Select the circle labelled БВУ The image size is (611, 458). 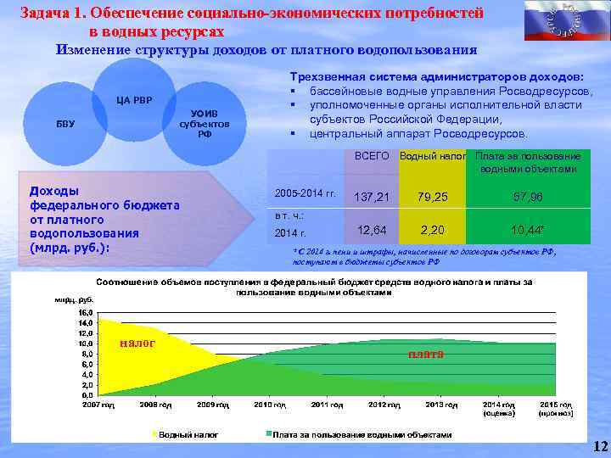pos(65,124)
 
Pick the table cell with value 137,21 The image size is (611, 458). pos(373,197)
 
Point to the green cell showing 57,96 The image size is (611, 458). pos(527,197)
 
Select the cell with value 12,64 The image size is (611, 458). pos(373,230)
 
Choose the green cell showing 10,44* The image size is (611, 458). pos(527,230)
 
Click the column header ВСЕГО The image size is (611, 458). pos(372,157)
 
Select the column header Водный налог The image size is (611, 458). pos(433,157)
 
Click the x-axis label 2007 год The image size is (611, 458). pos(98,406)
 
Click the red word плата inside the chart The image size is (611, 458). pos(425,353)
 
